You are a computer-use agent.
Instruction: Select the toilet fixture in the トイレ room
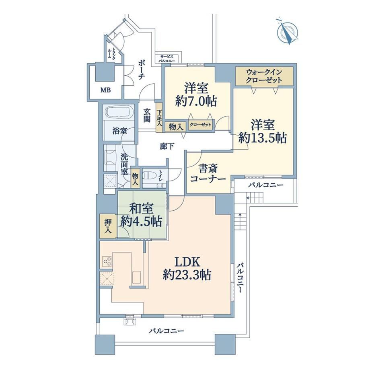[150, 176]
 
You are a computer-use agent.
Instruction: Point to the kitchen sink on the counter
[136, 277]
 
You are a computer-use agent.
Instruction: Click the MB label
[105, 90]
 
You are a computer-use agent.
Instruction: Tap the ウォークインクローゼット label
[264, 76]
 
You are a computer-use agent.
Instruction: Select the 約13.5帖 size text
[263, 138]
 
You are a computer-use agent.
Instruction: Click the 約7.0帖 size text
[196, 101]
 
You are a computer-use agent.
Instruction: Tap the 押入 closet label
[108, 226]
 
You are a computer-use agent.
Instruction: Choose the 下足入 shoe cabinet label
[159, 117]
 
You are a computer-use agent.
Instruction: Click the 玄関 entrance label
[147, 115]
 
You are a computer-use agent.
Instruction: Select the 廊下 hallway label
[167, 146]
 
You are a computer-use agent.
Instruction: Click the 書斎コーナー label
[208, 174]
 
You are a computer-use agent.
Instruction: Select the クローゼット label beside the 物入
[200, 125]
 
